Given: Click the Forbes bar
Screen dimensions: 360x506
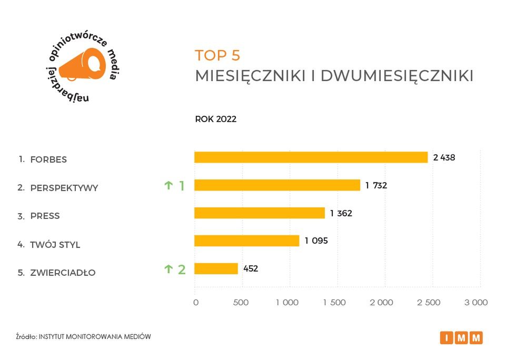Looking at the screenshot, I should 311,157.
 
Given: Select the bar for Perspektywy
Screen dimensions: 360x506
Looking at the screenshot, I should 277,185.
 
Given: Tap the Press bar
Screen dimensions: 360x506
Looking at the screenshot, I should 260,213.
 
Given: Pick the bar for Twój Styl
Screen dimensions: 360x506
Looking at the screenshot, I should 246,241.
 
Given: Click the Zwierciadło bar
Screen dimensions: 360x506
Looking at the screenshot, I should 216,269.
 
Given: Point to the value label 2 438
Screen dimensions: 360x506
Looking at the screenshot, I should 444,157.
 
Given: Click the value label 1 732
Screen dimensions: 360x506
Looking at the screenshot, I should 376,185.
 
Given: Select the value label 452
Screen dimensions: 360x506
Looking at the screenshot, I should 251,269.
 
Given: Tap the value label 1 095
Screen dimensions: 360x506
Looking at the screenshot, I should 316,241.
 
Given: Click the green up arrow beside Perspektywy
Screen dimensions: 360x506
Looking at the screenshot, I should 168,185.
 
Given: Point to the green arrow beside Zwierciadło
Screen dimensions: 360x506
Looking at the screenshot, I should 168,269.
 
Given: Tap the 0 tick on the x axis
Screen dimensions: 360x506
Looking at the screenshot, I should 196,303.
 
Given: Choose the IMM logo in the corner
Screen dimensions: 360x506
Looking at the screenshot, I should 461,338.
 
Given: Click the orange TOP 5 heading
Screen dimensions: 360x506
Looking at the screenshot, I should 217,56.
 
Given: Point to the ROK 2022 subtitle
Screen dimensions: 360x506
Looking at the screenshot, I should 216,119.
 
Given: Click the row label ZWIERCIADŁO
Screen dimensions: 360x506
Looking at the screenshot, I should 63,273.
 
